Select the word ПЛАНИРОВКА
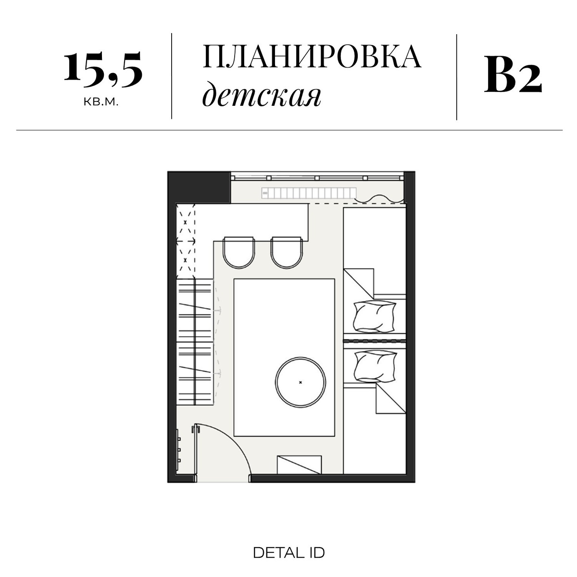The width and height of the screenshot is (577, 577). coord(312,57)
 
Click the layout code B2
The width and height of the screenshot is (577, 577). coord(513,75)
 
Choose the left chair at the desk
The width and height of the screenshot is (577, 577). coord(239,252)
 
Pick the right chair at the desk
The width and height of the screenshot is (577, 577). coord(287,252)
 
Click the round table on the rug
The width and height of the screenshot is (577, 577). coord(301,382)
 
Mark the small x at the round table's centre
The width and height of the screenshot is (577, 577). coord(301,383)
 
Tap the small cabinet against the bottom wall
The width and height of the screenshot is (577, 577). coord(299,465)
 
